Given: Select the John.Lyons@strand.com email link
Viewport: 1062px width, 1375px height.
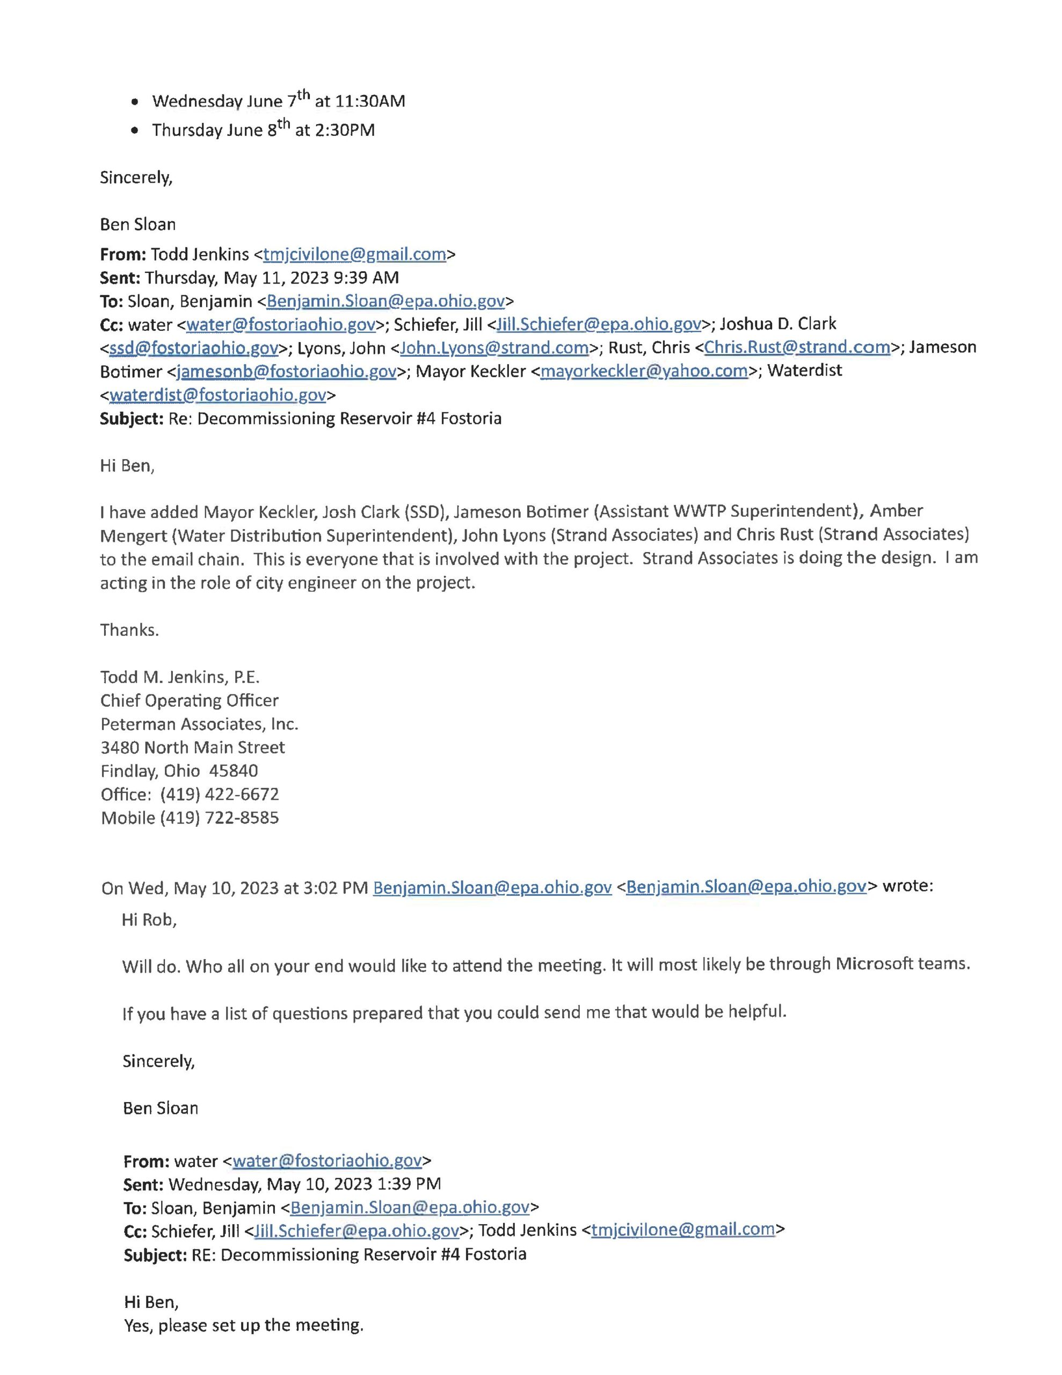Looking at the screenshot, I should pos(494,347).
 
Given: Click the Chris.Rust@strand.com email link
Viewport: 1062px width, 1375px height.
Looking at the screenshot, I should pos(797,347).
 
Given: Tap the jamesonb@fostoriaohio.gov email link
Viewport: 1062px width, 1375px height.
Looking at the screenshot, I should pos(286,372).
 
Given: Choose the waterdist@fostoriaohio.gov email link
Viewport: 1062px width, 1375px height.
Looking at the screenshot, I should pos(218,395).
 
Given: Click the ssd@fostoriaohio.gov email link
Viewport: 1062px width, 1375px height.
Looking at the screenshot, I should pos(194,348).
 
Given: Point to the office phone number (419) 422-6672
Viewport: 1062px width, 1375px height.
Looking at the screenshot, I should pos(219,794).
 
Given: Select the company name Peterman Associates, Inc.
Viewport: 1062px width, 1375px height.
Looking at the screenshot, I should pos(199,724).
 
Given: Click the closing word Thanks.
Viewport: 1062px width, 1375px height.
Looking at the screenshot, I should pos(129,629).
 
